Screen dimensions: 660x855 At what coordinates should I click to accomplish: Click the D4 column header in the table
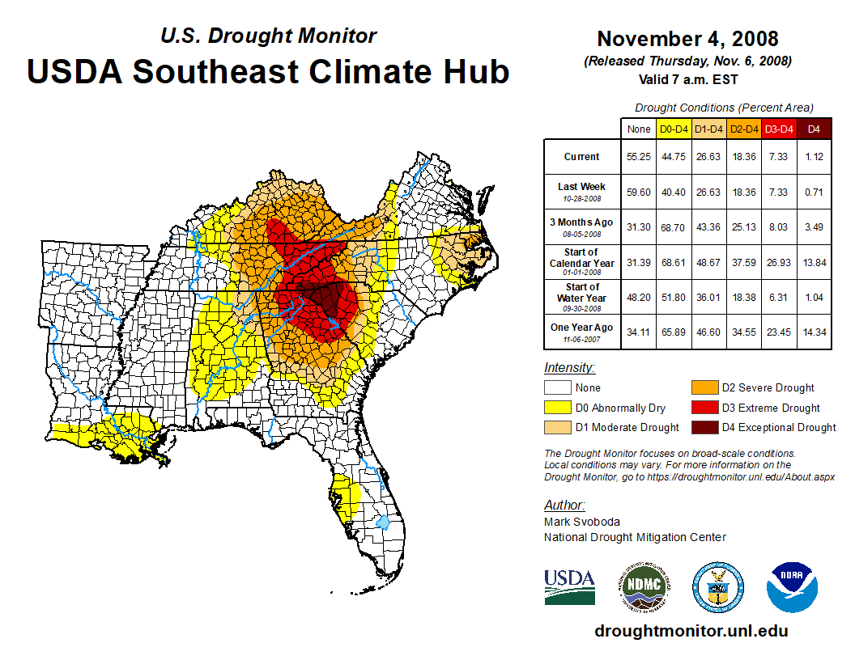815,129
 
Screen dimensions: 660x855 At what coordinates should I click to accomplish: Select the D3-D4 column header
780,129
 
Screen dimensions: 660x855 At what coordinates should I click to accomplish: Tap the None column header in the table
639,129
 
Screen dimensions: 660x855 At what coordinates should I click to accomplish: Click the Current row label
582,157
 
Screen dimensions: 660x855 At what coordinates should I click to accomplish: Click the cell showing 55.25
639,157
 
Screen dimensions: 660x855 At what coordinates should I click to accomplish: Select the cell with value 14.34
815,332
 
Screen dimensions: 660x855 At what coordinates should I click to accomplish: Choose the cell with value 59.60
639,192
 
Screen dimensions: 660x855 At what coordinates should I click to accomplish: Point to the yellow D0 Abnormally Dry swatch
556,408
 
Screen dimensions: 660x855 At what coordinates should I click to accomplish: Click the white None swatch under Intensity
556,388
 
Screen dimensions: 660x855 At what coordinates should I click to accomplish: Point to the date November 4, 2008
687,39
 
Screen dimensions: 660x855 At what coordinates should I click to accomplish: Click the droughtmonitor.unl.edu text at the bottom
691,631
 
